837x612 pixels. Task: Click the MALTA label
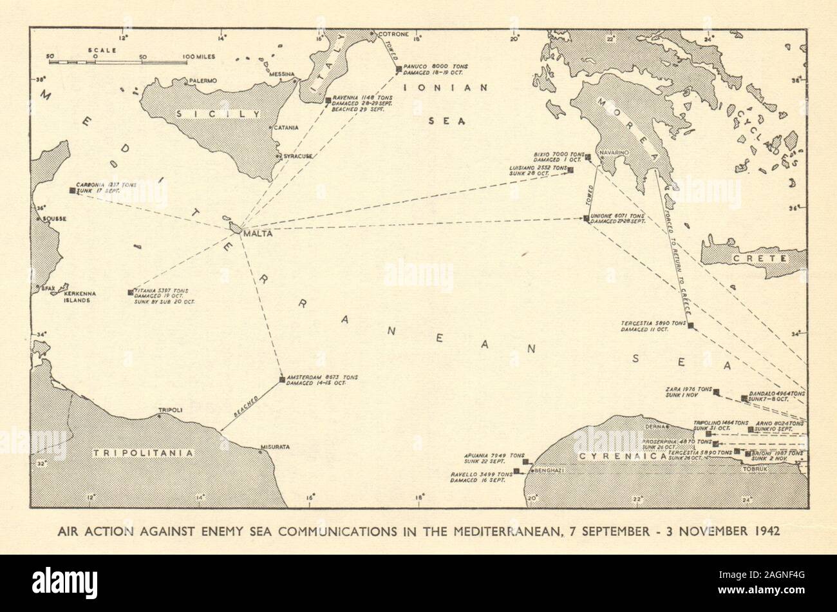pos(258,234)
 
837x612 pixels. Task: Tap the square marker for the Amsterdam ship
pos(282,379)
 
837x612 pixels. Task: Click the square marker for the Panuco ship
pos(399,68)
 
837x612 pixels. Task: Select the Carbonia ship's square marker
pos(71,190)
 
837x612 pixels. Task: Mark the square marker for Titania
pos(130,292)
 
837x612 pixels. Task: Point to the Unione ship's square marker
pos(586,218)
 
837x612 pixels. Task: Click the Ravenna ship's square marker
pos(328,100)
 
